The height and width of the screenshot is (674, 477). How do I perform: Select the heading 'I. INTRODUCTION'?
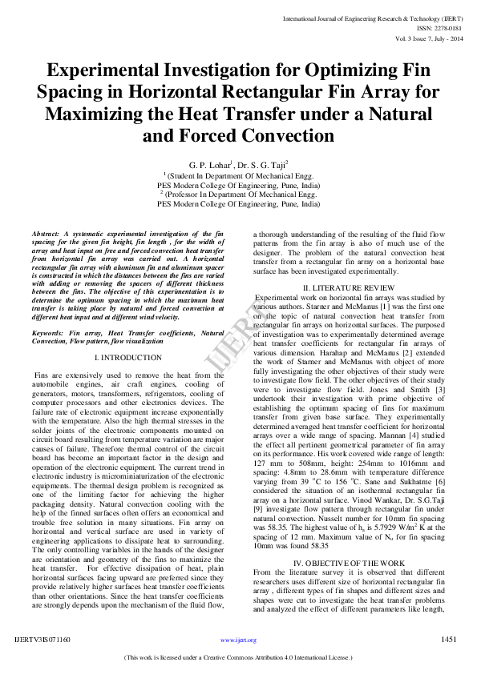click(127, 357)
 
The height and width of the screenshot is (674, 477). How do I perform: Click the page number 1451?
click(449, 640)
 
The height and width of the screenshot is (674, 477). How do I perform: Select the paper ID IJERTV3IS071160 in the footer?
click(42, 640)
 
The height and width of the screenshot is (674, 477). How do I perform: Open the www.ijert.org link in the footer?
click(238, 640)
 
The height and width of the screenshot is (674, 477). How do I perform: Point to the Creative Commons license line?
click(238, 657)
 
